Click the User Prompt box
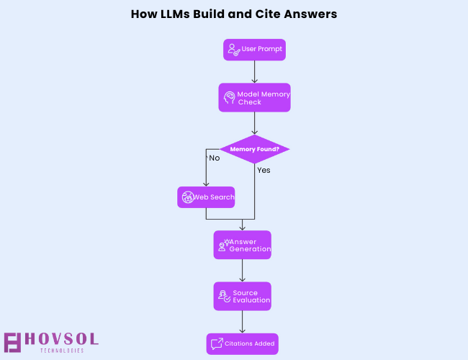click(x=254, y=50)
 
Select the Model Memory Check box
click(x=254, y=97)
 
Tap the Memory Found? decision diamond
click(x=254, y=149)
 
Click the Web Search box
click(x=206, y=197)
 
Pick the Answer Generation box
click(x=242, y=245)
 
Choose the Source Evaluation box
click(x=242, y=296)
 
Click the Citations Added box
click(x=242, y=343)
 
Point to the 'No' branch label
click(x=214, y=158)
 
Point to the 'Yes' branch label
click(x=264, y=171)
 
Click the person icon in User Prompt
click(x=233, y=50)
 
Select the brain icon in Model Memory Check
click(x=229, y=97)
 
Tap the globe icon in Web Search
click(x=187, y=197)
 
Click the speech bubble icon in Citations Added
click(x=216, y=343)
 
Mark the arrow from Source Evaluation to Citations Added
click(x=242, y=322)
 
